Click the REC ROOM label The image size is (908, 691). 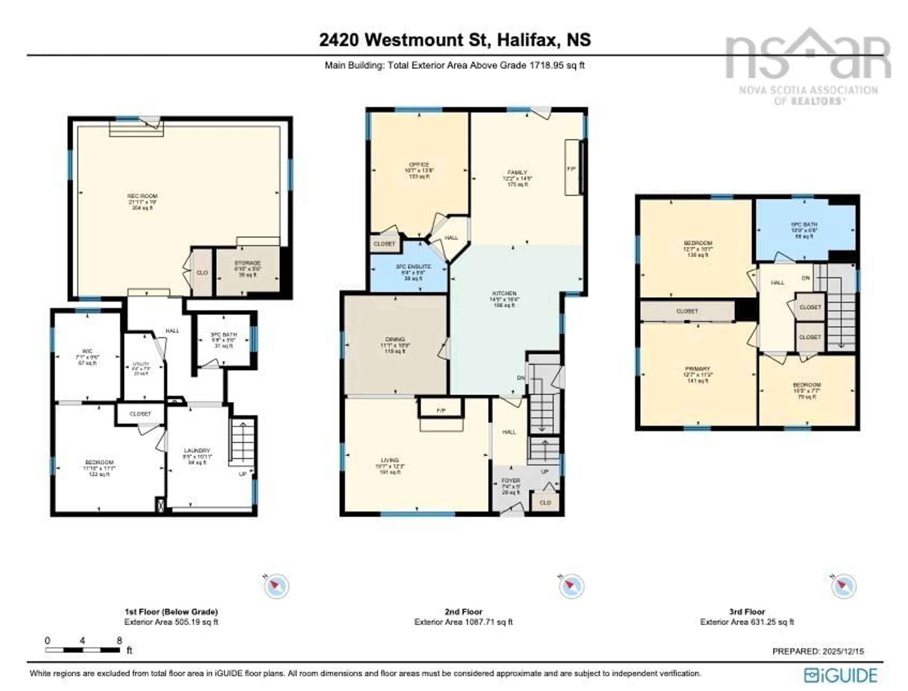[142, 196]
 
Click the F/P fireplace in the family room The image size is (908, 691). [571, 169]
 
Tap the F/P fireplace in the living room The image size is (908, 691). [441, 411]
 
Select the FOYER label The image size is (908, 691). [510, 481]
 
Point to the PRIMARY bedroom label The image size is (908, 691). [697, 369]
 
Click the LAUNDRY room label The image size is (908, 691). [197, 450]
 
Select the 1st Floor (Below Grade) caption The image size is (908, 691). [171, 612]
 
